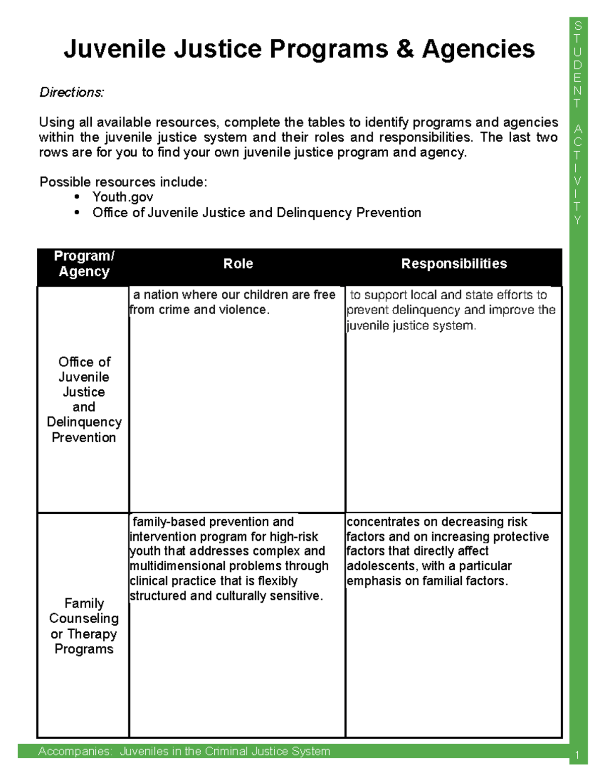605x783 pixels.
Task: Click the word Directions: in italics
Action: click(x=72, y=92)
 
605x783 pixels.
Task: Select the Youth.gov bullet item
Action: click(x=123, y=197)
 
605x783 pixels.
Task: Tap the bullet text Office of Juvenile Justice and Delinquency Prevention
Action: click(x=257, y=213)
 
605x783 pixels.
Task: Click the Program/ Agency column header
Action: click(x=84, y=264)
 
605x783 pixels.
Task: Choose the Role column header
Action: click(x=238, y=264)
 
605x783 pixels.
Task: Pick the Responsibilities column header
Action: click(x=454, y=264)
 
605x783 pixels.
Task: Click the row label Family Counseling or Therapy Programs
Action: click(x=84, y=626)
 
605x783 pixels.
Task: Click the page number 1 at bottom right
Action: click(x=578, y=755)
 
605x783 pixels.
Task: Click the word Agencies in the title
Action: click(x=478, y=49)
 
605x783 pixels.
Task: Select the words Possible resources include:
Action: click(x=124, y=182)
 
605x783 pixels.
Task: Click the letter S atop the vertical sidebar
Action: click(x=578, y=26)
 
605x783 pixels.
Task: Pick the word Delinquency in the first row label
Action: click(x=84, y=422)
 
